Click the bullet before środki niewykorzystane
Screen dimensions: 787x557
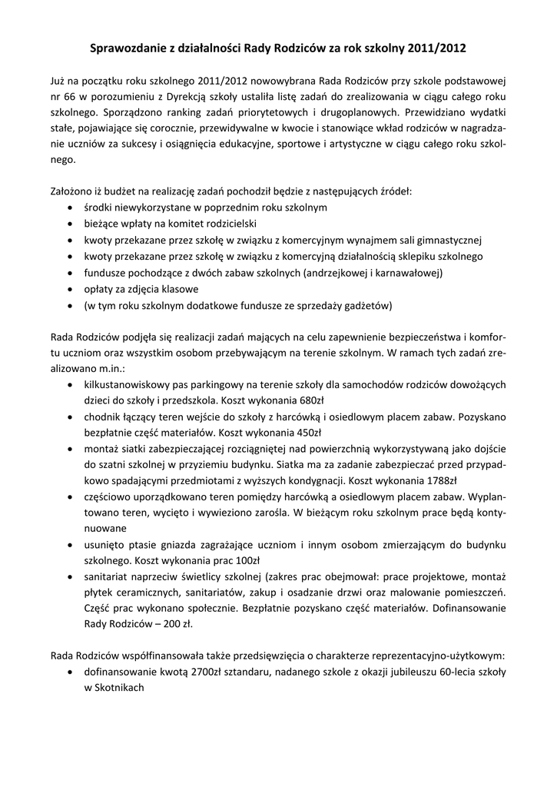click(x=71, y=208)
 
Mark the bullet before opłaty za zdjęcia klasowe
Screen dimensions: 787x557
click(x=71, y=289)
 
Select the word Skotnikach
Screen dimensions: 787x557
click(x=119, y=689)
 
